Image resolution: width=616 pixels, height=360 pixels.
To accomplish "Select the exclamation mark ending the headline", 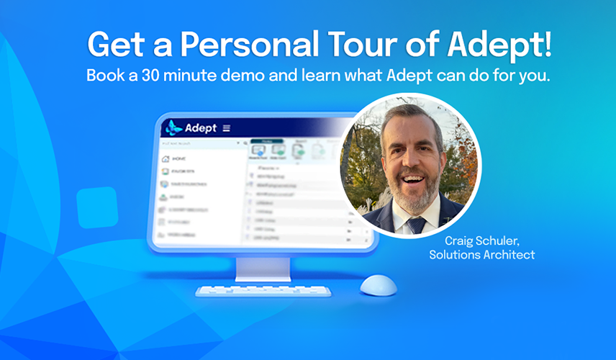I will pyautogui.click(x=549, y=45).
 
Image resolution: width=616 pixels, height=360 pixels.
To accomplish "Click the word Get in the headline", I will pyautogui.click(x=114, y=45).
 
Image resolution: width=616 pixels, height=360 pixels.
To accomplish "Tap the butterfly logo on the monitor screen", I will pyautogui.click(x=173, y=128).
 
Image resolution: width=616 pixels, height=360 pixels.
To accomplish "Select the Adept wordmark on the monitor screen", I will pyautogui.click(x=201, y=128).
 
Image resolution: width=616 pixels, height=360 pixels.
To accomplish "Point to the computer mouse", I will pyautogui.click(x=378, y=286).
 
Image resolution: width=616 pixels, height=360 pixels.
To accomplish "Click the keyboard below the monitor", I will pyautogui.click(x=263, y=292).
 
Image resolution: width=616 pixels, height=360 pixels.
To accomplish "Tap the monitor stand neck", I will pyautogui.click(x=263, y=268).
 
